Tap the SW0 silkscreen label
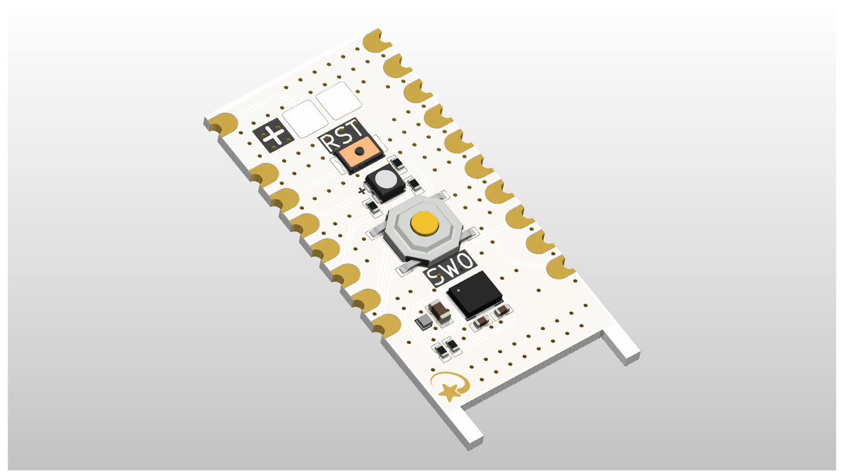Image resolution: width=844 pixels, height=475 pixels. (450, 268)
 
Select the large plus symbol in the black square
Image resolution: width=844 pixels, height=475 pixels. (273, 135)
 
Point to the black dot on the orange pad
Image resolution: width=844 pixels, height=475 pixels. (360, 151)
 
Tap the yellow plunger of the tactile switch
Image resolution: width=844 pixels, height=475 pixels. (425, 223)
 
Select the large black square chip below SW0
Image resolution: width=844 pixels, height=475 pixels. (475, 294)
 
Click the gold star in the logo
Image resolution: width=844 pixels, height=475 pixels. (450, 393)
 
